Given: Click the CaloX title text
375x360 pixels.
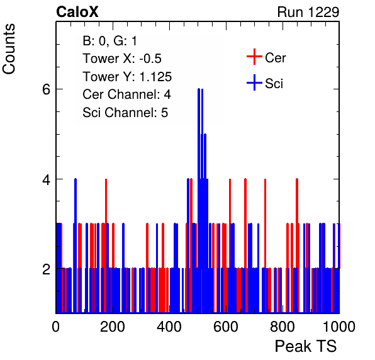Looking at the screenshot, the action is tap(77, 12).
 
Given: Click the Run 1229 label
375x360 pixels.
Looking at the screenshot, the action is tap(308, 12).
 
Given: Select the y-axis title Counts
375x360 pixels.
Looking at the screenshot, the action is tap(9, 49).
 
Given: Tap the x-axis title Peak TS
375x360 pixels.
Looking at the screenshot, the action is tap(305, 346).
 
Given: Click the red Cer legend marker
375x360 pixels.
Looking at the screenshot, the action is tap(254, 57).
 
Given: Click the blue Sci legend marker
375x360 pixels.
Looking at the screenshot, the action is tap(254, 82).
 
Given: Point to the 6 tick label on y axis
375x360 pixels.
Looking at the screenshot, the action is tap(46, 90).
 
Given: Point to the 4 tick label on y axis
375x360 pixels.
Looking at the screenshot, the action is tap(46, 179).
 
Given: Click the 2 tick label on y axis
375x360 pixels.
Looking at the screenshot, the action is tap(46, 269).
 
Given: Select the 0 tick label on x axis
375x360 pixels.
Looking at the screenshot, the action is tap(56, 327).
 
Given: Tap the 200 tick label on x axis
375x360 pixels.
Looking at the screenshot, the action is tap(113, 327).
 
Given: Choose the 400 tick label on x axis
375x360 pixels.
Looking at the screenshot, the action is tap(169, 327).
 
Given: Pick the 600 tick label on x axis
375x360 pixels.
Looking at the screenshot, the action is tap(226, 327).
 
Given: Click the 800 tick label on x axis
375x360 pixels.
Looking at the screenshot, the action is tap(283, 327).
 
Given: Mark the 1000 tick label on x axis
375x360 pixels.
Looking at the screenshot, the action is tap(339, 327).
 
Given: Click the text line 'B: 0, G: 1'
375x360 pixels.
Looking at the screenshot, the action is tap(109, 41).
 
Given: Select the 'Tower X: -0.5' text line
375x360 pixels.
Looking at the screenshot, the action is tap(122, 59).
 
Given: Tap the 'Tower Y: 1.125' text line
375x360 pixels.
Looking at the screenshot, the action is tap(127, 77).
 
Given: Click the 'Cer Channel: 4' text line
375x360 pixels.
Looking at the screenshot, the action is tap(126, 94).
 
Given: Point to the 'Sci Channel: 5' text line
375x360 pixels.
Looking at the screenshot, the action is tap(125, 112).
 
